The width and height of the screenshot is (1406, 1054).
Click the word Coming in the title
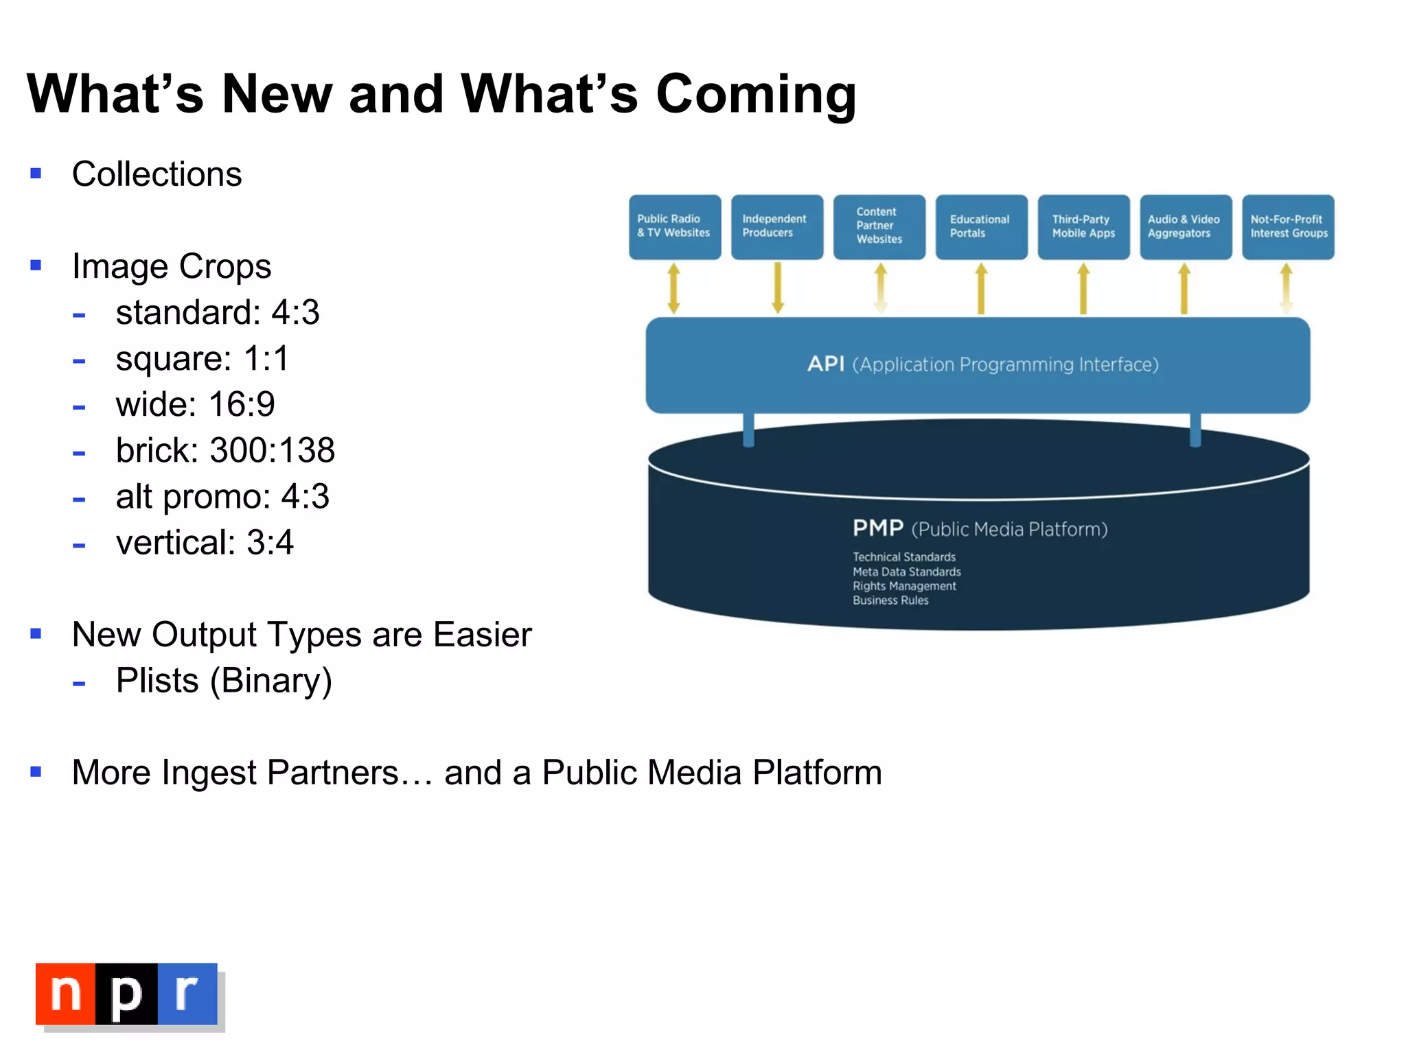[755, 95]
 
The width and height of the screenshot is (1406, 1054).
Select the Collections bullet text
[157, 174]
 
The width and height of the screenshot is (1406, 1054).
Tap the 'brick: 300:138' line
[224, 451]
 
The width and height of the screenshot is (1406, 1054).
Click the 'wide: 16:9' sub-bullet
[195, 404]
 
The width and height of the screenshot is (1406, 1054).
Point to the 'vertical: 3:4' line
[205, 543]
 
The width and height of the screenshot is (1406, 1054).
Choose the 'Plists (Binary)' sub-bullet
[224, 681]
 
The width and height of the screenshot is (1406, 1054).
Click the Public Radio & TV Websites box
[674, 227]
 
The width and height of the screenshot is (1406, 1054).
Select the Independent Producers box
[776, 227]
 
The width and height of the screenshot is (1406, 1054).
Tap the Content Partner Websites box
[879, 227]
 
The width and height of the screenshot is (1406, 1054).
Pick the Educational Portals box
[981, 227]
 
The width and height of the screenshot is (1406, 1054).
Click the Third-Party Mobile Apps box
[1083, 227]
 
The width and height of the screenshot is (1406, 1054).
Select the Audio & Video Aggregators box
[1185, 227]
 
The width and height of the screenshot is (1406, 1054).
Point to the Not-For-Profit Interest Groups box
[1288, 227]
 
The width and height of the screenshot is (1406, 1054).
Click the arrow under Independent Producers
[777, 288]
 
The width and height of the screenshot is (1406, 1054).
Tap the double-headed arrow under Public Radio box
[673, 288]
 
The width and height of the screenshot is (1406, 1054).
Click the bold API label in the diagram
[825, 364]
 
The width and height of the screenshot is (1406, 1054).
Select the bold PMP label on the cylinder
[877, 528]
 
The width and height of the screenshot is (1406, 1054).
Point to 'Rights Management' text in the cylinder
[903, 586]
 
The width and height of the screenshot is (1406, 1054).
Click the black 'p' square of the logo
[126, 994]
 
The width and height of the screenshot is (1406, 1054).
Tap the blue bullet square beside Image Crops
[36, 266]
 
